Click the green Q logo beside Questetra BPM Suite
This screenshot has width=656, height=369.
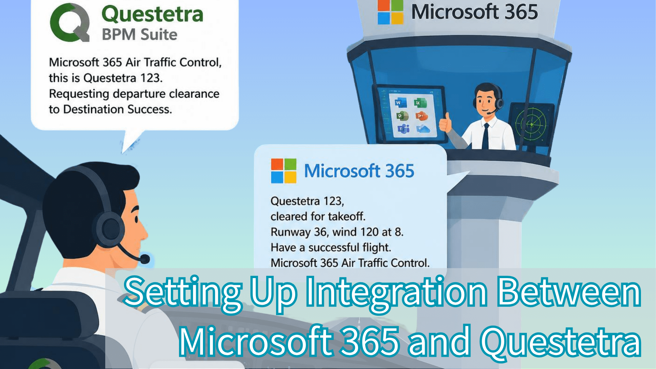pyautogui.click(x=70, y=23)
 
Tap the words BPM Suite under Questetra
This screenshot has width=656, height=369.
pyautogui.click(x=139, y=35)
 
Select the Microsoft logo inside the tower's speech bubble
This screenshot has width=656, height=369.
pyautogui.click(x=284, y=170)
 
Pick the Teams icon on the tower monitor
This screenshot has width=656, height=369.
pyautogui.click(x=404, y=129)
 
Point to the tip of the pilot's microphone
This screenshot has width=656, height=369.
pyautogui.click(x=145, y=259)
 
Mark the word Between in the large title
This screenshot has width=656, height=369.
pyautogui.click(x=569, y=291)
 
